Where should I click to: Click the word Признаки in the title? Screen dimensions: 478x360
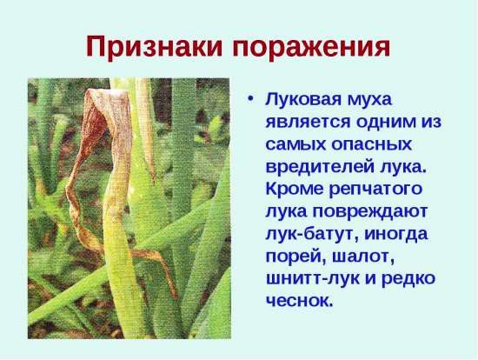(154, 47)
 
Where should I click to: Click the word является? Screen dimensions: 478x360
(308, 122)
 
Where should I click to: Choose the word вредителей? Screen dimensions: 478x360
(319, 167)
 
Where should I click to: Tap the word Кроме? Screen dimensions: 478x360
(294, 189)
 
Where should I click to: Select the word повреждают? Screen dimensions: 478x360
(368, 211)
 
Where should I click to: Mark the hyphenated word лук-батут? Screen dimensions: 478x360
(311, 234)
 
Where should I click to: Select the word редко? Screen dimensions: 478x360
(408, 279)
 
